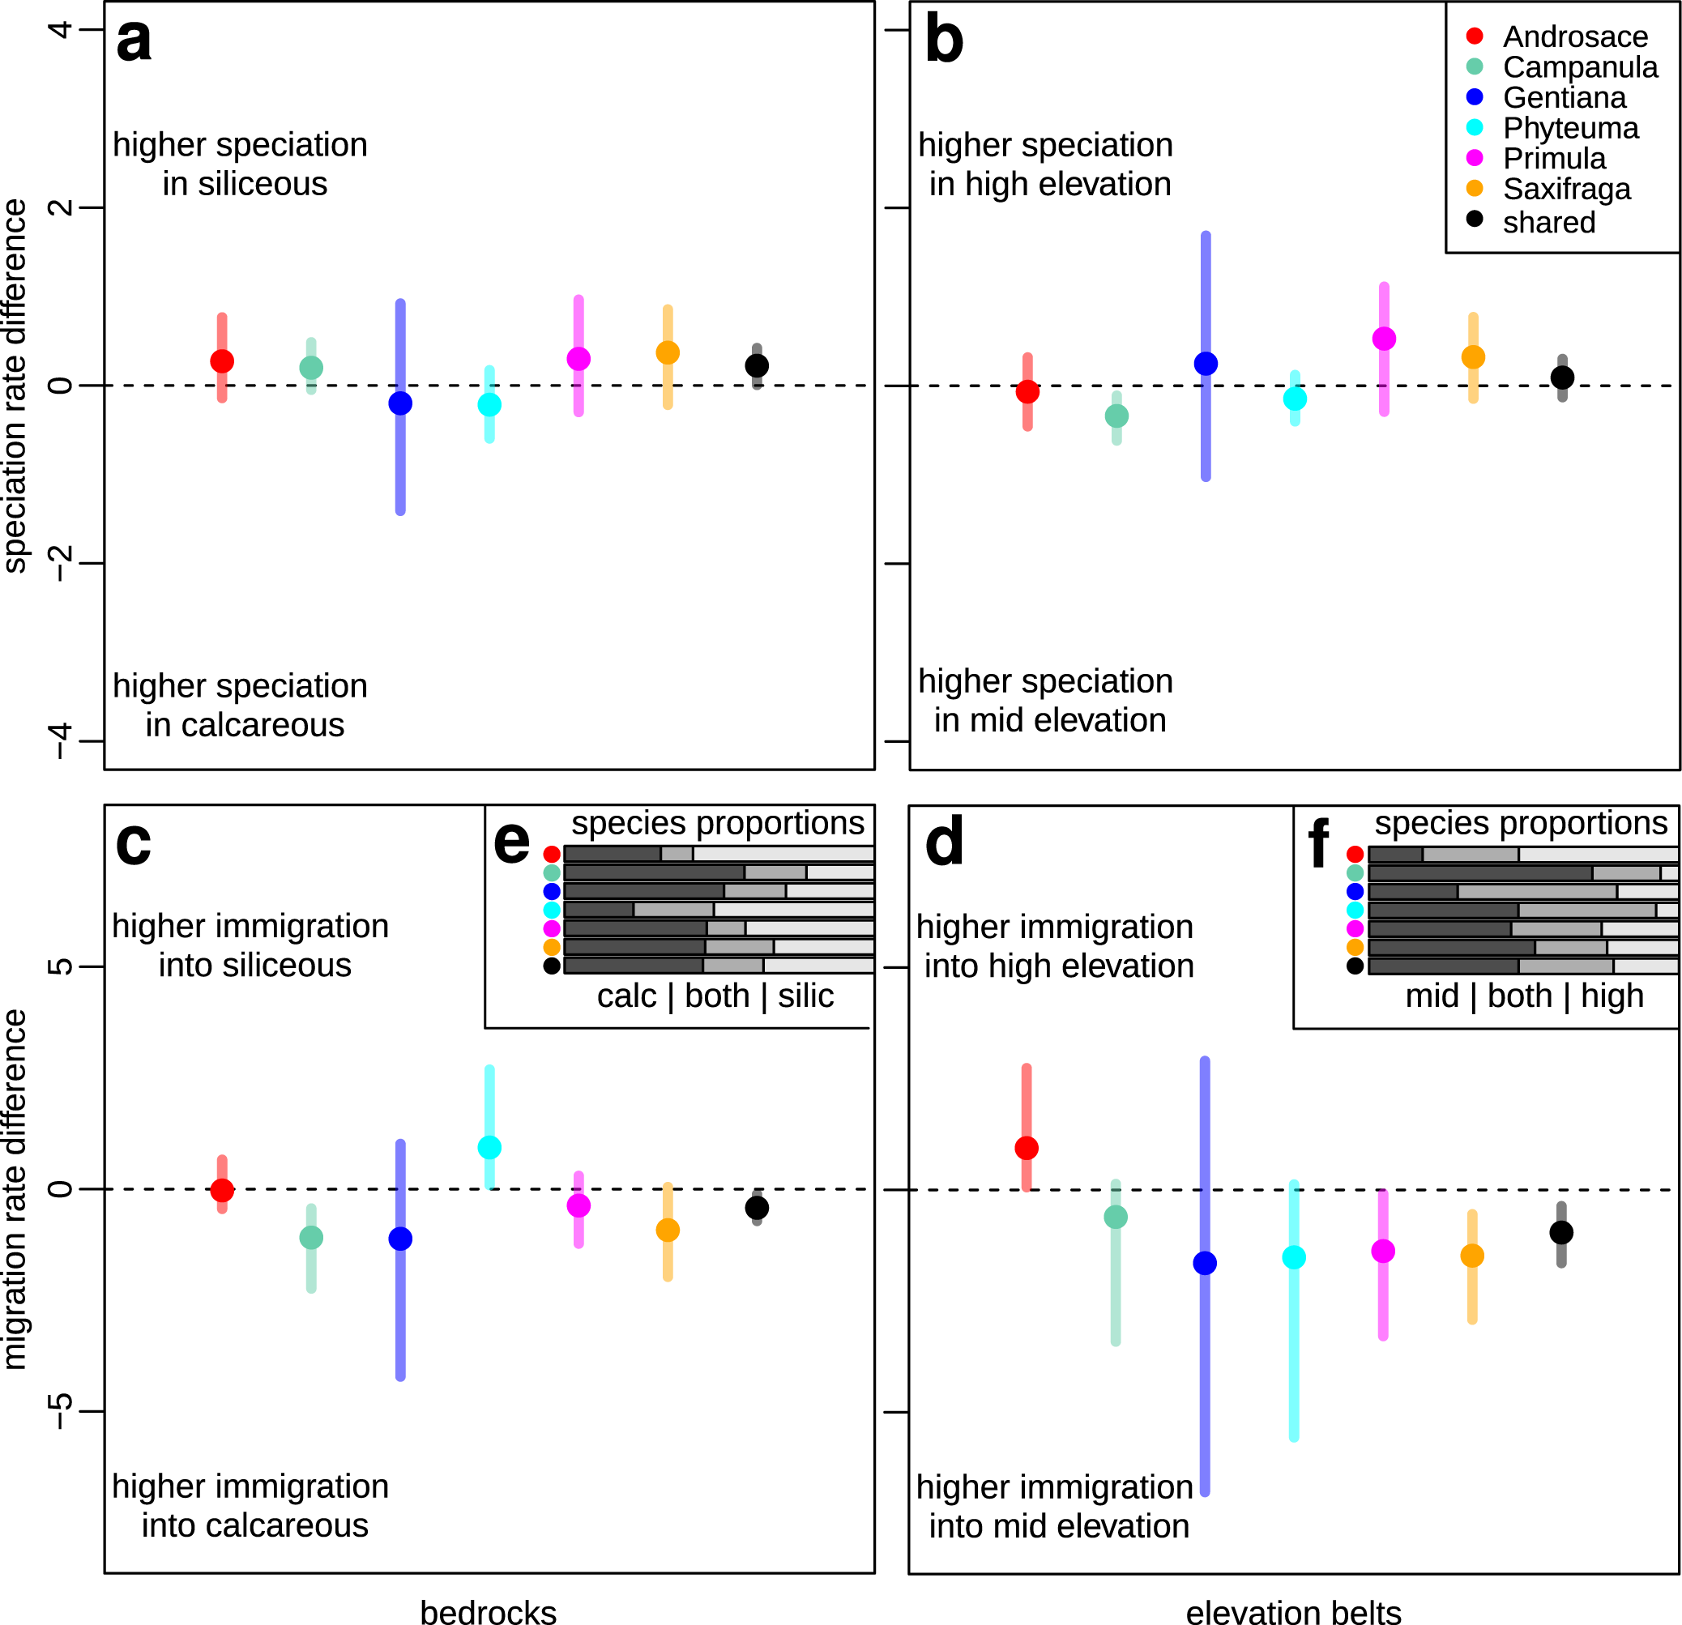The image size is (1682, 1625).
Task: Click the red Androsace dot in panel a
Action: (x=221, y=361)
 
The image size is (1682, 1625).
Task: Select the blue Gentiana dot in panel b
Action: (x=1205, y=364)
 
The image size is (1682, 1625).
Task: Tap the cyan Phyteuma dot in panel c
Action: (x=489, y=1147)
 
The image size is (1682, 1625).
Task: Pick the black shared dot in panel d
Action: (x=1561, y=1232)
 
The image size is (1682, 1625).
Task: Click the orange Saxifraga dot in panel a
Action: (x=667, y=352)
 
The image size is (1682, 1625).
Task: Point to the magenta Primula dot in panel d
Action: (x=1382, y=1251)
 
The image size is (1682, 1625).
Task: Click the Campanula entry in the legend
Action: (x=1580, y=67)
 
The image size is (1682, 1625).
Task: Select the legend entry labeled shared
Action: (x=1548, y=222)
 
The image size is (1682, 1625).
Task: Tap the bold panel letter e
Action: (x=511, y=842)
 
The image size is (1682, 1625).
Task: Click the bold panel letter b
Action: (x=944, y=41)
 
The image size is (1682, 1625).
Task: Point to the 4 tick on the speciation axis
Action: (x=60, y=30)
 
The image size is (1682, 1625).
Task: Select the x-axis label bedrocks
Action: (x=489, y=1611)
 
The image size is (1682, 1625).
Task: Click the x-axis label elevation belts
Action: (x=1293, y=1611)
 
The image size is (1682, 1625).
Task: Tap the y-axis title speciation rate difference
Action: (x=15, y=386)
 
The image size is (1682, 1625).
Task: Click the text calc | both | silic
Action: (x=715, y=996)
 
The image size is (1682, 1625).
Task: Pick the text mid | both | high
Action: (x=1523, y=996)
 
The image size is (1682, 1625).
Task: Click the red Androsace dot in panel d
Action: (x=1027, y=1148)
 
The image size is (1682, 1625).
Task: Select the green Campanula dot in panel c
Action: (x=310, y=1237)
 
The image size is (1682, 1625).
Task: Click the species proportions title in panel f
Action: (x=1520, y=823)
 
